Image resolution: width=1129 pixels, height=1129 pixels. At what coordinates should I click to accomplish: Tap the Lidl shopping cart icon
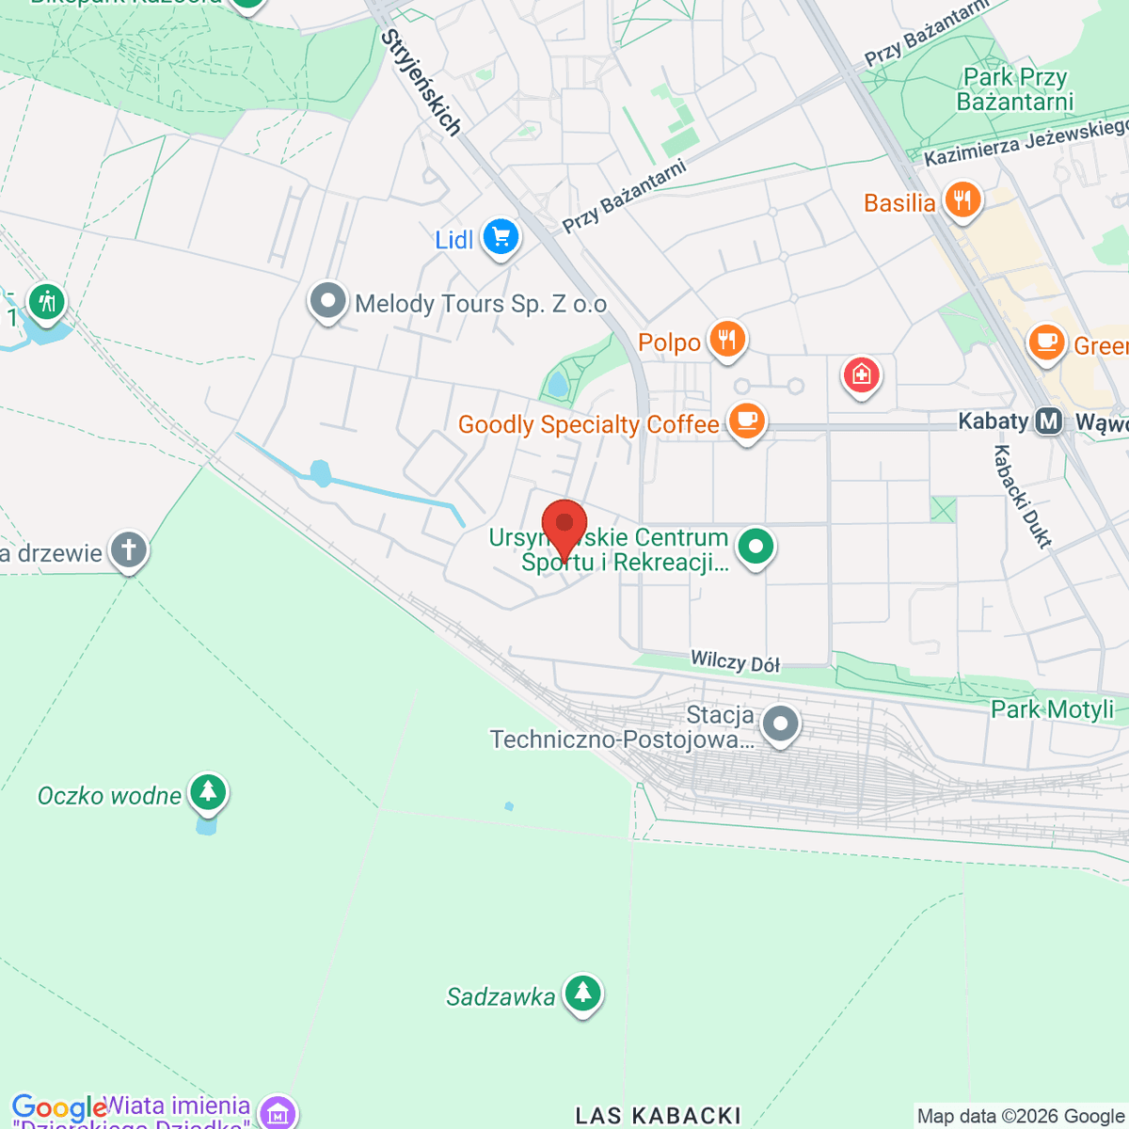tap(501, 237)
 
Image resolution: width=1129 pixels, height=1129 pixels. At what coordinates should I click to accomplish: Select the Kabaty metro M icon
tap(1048, 421)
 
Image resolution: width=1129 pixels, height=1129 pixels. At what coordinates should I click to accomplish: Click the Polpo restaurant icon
tap(727, 340)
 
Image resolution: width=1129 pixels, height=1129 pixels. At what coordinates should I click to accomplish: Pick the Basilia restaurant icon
tap(962, 200)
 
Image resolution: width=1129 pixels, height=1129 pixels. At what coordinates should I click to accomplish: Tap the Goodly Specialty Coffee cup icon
tap(746, 421)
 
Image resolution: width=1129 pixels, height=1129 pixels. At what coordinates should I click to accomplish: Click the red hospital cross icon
tap(861, 375)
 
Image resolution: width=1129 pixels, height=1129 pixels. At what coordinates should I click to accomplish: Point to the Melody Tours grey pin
tap(328, 302)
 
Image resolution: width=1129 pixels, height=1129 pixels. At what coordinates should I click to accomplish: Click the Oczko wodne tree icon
tap(208, 793)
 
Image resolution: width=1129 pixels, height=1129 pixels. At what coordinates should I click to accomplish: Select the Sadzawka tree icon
tap(582, 994)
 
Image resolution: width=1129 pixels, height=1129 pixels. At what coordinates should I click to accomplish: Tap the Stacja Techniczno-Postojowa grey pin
tap(780, 724)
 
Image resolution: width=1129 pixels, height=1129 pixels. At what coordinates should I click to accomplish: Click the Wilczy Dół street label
tap(736, 662)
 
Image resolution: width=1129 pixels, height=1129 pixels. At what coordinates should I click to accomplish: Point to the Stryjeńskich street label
tap(421, 83)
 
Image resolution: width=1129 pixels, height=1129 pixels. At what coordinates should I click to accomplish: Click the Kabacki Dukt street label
tap(1023, 496)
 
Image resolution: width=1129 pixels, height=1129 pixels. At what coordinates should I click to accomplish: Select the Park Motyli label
tap(1052, 709)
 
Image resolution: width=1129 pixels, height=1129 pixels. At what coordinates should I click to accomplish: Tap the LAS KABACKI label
tap(658, 1116)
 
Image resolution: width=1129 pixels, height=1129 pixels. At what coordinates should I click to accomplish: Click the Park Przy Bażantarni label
tap(1015, 89)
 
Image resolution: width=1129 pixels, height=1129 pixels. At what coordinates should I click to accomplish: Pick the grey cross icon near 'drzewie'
tap(129, 550)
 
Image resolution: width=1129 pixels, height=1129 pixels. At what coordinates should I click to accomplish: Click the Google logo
tap(58, 1108)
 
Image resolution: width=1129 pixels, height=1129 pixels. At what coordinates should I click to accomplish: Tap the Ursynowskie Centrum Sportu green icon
tap(755, 546)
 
